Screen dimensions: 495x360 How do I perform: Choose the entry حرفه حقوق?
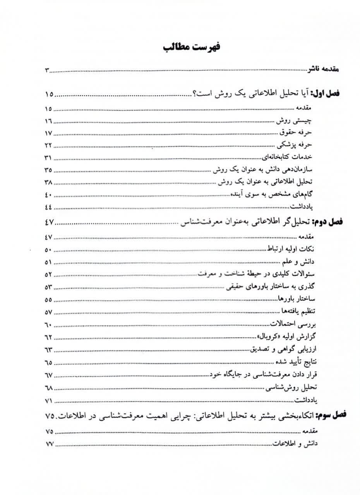point(298,133)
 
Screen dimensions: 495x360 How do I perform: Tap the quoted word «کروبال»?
point(268,336)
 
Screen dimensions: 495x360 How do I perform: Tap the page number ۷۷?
point(48,444)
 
